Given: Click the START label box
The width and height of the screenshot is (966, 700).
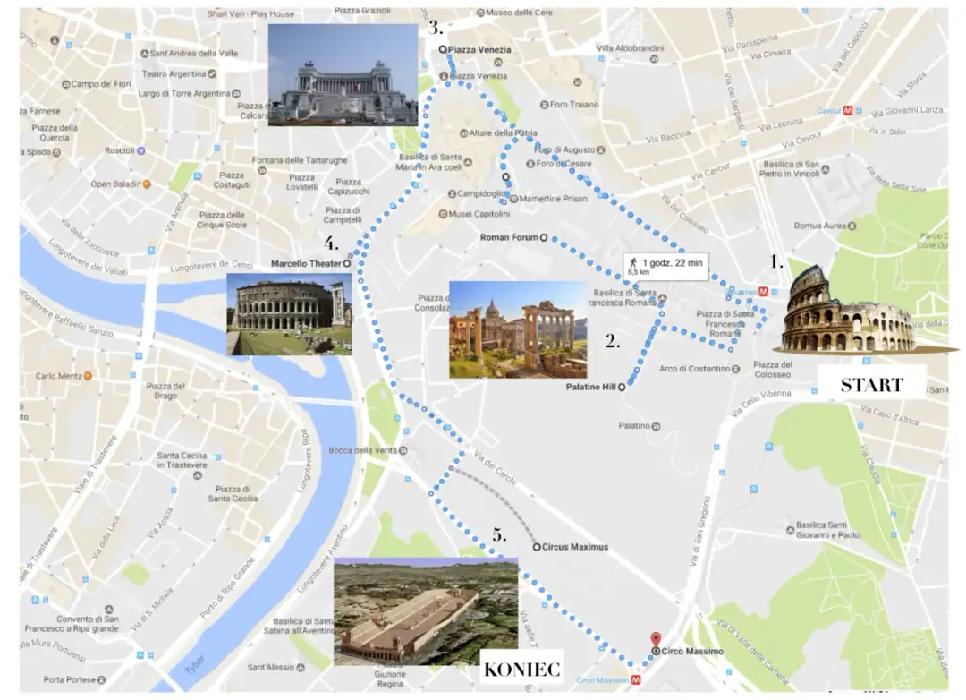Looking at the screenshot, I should [870, 385].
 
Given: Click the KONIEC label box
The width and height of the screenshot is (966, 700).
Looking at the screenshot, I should [521, 669].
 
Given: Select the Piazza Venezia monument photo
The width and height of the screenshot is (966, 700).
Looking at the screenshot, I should [343, 74].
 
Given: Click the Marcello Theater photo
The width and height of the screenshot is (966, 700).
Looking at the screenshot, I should [289, 314].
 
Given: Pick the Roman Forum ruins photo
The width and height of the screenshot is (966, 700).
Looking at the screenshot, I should [518, 329].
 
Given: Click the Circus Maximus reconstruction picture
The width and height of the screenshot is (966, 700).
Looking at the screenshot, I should [426, 611].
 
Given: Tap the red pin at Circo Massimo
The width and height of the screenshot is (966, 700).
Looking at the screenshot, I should [656, 639].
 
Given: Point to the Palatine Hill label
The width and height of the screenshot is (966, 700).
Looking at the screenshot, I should [590, 388].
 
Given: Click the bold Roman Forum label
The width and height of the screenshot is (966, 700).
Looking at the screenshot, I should [508, 238].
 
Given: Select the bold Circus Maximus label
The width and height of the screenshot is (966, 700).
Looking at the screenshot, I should [576, 546].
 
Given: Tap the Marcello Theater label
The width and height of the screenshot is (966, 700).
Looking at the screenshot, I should [305, 264].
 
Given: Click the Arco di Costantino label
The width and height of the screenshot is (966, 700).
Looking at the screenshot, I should [694, 369].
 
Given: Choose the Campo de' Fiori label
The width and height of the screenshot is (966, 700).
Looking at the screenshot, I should [101, 84].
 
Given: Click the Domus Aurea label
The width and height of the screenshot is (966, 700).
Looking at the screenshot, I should [819, 226].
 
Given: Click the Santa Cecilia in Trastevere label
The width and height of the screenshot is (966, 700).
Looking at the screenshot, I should [182, 460].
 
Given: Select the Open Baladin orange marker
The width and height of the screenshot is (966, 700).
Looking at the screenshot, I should [148, 184].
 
